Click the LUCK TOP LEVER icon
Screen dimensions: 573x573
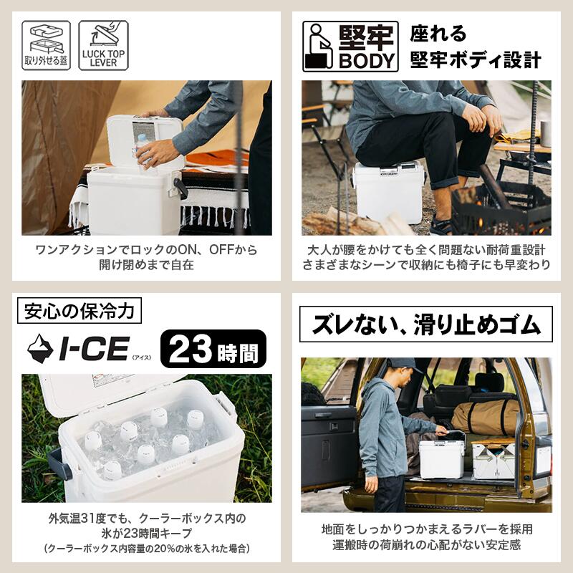tap(103, 45)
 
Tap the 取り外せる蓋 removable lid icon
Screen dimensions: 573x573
tap(46, 45)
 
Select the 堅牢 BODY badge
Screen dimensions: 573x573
tap(350, 47)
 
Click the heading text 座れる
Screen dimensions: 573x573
tap(438, 34)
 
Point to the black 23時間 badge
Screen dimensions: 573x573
tap(213, 349)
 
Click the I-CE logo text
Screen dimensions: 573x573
tap(94, 348)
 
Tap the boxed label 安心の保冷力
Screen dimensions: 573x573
tap(80, 311)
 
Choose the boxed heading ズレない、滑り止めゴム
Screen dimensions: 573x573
tap(425, 324)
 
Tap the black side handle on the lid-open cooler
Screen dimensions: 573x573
tap(180, 188)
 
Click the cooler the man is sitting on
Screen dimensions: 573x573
tap(389, 192)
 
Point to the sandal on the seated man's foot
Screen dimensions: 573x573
tap(441, 226)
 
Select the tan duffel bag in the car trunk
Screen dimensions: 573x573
tap(486, 417)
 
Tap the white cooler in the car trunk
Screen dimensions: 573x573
tap(441, 458)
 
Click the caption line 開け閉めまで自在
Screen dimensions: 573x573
tap(146, 265)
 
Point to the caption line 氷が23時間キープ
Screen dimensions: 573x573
tap(146, 533)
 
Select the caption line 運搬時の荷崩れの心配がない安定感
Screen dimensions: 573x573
tap(426, 545)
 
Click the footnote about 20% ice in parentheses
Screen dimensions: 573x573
tap(147, 548)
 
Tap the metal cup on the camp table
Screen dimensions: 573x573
tap(546, 134)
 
